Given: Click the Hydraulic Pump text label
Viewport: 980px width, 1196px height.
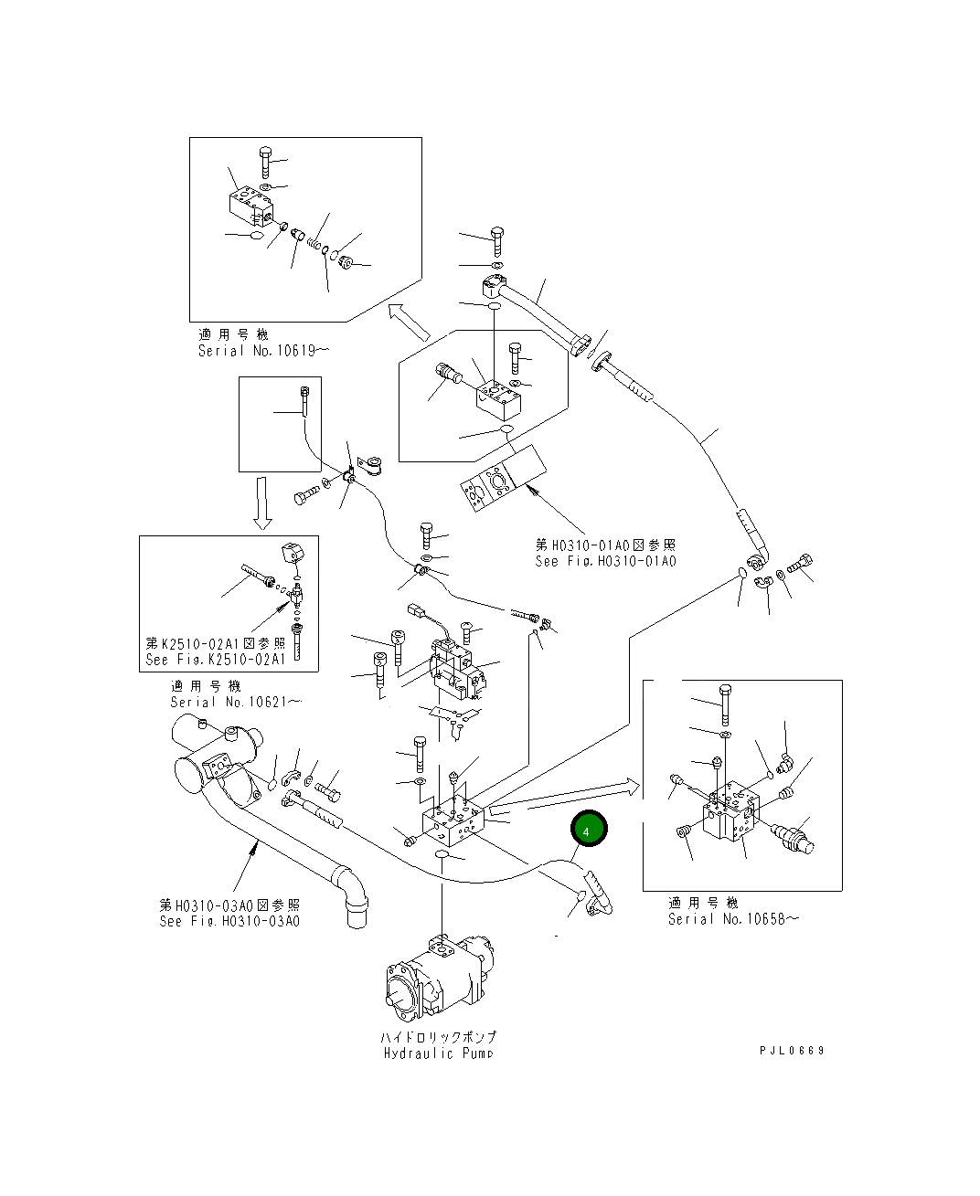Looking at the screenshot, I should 438,1053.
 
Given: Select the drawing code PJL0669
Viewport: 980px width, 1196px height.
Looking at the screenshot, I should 792,1051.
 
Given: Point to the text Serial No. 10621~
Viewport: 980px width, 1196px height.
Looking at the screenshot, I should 235,703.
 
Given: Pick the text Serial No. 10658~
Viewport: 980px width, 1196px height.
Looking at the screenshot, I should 732,919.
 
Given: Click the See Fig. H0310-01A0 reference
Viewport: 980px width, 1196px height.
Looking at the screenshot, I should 605,561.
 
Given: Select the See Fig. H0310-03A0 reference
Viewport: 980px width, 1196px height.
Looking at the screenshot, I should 229,921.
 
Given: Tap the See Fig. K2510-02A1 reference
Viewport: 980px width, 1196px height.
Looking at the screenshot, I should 216,659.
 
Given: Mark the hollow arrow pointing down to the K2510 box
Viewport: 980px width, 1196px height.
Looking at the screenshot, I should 262,503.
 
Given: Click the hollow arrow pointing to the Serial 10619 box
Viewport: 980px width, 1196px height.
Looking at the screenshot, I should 409,320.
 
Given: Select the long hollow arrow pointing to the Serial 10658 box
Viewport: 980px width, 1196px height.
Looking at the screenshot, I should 567,795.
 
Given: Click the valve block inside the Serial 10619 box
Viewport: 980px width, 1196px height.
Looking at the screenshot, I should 250,206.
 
